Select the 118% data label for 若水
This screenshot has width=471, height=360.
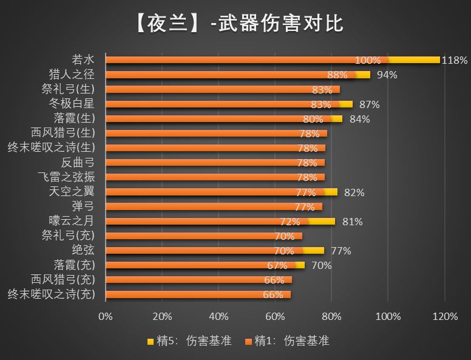(455, 60)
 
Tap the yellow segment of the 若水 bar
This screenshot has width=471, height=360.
(415, 59)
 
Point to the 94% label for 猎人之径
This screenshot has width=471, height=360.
(387, 75)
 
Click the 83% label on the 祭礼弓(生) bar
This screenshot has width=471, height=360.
(321, 89)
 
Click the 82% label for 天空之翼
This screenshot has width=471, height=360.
(354, 192)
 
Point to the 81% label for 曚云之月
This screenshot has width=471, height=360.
(352, 222)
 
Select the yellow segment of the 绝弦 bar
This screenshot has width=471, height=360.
(313, 250)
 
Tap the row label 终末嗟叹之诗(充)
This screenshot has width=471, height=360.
(52, 294)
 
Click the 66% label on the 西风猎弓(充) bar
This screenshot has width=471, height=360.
(274, 280)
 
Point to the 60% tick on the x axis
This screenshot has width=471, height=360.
(275, 316)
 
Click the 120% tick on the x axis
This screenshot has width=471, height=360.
(445, 316)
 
